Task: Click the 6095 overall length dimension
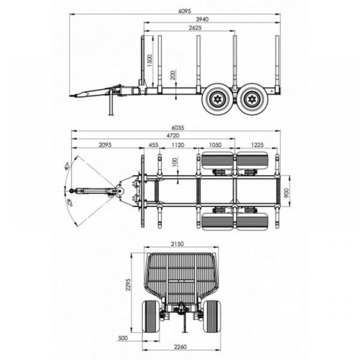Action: pos(185,11)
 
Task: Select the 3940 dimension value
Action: pos(202,19)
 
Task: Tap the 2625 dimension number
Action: pos(195,28)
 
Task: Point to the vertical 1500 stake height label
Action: pos(149,60)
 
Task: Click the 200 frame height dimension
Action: pos(173,75)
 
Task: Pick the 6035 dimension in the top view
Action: pos(178,127)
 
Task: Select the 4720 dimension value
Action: pos(173,136)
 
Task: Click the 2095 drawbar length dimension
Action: pos(105,145)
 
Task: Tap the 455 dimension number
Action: pos(154,145)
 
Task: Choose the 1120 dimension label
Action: pos(178,145)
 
